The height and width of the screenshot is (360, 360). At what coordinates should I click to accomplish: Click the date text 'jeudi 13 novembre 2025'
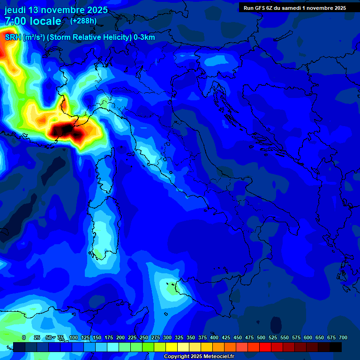point(56,10)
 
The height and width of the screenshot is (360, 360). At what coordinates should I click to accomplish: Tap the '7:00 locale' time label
point(33,21)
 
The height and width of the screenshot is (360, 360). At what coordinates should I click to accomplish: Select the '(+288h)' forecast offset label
point(83,21)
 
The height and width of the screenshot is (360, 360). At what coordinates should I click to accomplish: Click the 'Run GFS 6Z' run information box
point(294,7)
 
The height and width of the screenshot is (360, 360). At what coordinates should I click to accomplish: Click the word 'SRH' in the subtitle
point(13,37)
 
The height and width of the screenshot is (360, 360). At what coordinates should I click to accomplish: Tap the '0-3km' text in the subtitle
point(144,37)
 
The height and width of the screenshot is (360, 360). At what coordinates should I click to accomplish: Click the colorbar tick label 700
point(343,337)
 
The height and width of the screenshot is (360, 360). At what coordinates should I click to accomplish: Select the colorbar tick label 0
point(24,337)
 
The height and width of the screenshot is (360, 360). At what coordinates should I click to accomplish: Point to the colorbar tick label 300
point(167,337)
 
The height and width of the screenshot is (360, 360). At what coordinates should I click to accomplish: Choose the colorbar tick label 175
point(108,337)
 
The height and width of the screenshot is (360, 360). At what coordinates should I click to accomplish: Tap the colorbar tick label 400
point(214,337)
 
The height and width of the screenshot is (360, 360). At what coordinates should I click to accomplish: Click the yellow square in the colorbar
point(172,347)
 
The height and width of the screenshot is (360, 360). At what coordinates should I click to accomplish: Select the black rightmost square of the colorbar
point(336,347)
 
